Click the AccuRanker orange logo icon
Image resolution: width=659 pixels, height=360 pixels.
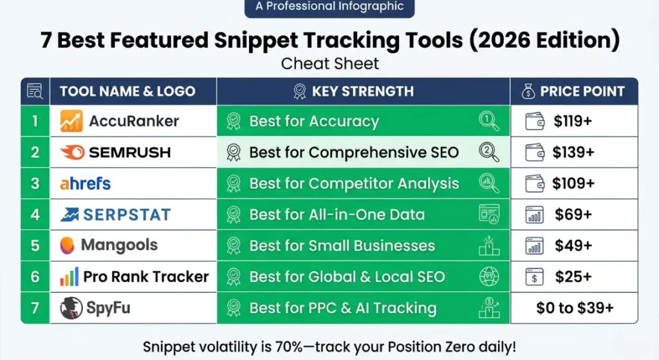tap(71, 121)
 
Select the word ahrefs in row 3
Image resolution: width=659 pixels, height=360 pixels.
tap(86, 184)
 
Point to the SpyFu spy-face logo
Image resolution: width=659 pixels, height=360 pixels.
tap(71, 308)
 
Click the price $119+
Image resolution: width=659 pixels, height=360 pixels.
tap(573, 121)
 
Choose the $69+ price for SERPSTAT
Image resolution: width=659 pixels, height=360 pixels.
tap(573, 214)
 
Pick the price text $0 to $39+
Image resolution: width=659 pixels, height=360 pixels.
tap(575, 308)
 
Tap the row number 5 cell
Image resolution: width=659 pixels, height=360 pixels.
tap(35, 245)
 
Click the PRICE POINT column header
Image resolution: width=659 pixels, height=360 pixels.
tap(582, 91)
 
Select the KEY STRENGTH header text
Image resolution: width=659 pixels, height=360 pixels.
tap(362, 91)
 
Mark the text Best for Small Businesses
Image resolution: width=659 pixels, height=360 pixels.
tap(342, 245)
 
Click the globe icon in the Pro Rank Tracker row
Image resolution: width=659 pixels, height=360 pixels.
tap(489, 277)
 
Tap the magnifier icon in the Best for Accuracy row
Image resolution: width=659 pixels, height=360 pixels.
tap(489, 120)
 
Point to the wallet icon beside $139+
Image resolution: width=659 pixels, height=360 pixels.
tap(535, 153)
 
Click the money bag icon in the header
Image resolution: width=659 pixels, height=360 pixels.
tap(526, 91)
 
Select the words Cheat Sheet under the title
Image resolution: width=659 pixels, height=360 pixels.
tap(329, 64)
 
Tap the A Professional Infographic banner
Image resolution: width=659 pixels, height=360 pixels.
tap(329, 7)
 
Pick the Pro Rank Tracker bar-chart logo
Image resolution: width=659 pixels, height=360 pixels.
tap(70, 277)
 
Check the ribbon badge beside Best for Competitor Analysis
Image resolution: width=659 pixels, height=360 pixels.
tap(234, 184)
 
